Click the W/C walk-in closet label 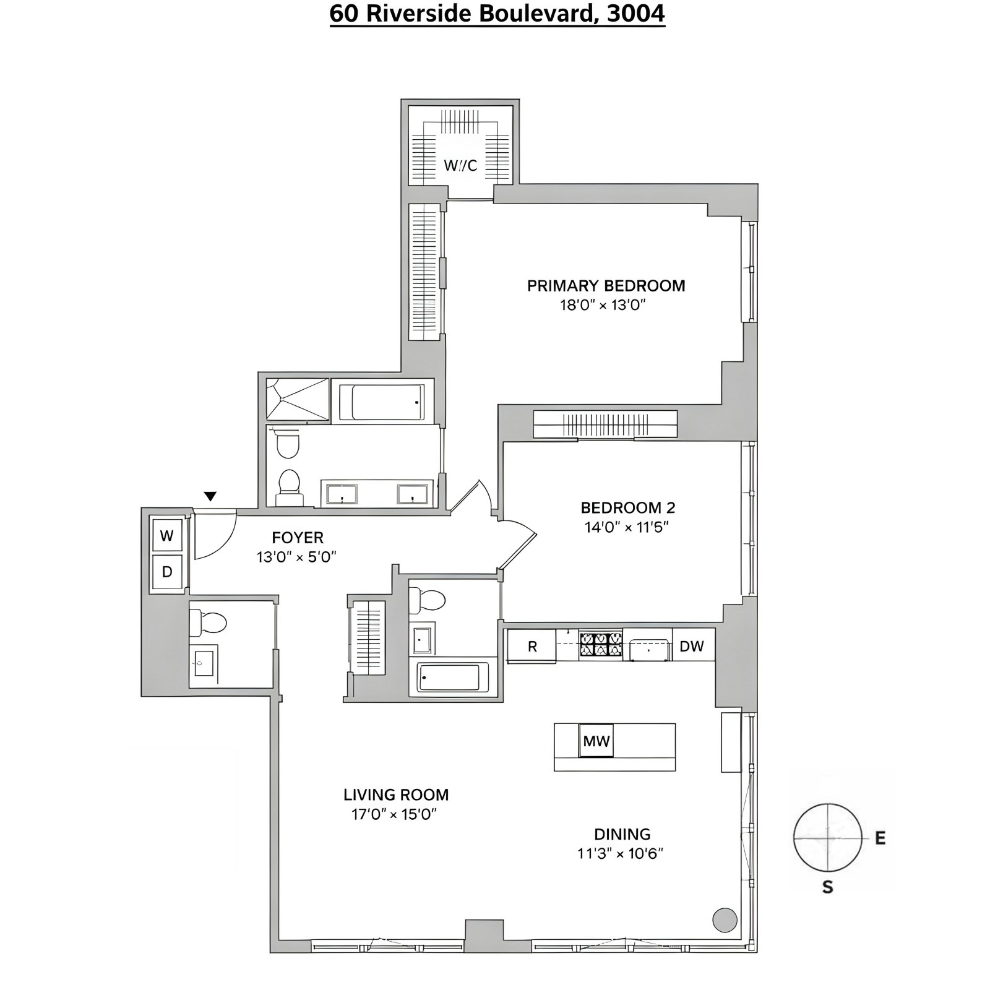[x=460, y=166]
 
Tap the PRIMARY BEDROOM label [x=606, y=286]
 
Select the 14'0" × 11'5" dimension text [x=627, y=527]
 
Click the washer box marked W [x=167, y=536]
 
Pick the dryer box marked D [x=167, y=572]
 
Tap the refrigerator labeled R [x=532, y=647]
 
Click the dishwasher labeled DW [x=692, y=646]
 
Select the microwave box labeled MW [x=596, y=741]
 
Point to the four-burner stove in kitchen [x=600, y=645]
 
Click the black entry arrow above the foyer [x=210, y=496]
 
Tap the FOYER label [x=298, y=538]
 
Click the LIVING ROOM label [x=396, y=794]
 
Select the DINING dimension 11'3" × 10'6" [x=621, y=854]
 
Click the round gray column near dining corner [x=725, y=920]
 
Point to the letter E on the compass [x=880, y=839]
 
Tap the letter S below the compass [x=827, y=887]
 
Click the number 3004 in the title [x=635, y=13]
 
